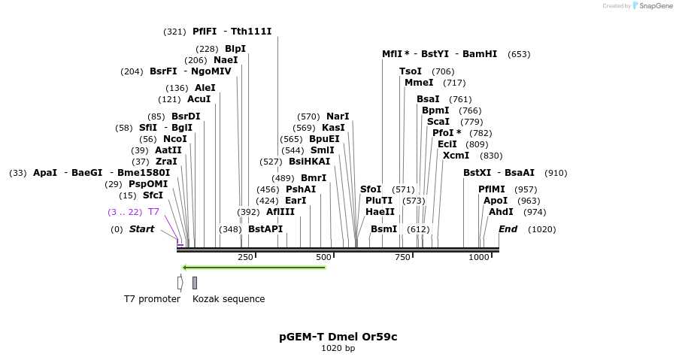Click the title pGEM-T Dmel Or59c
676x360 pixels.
click(x=338, y=337)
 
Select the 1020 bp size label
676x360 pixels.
click(x=338, y=349)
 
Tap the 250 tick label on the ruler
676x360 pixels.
click(x=245, y=258)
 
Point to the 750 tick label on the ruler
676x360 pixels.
click(x=402, y=258)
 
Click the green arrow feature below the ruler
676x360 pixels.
click(x=254, y=267)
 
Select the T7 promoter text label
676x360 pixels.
click(x=152, y=299)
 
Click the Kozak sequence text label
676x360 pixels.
click(x=229, y=299)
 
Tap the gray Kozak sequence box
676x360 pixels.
click(x=195, y=283)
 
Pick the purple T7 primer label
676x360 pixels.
click(x=153, y=212)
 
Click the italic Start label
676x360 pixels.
click(x=141, y=229)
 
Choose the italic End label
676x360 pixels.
click(x=508, y=229)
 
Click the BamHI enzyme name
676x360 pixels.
click(x=480, y=54)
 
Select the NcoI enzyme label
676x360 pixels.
click(x=174, y=139)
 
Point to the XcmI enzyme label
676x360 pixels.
click(x=456, y=156)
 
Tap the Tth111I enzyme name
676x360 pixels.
click(x=251, y=32)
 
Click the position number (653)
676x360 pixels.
click(x=519, y=54)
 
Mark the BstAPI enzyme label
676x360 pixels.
click(x=265, y=229)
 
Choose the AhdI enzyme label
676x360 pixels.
click(x=501, y=212)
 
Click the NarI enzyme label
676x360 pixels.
click(x=338, y=116)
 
